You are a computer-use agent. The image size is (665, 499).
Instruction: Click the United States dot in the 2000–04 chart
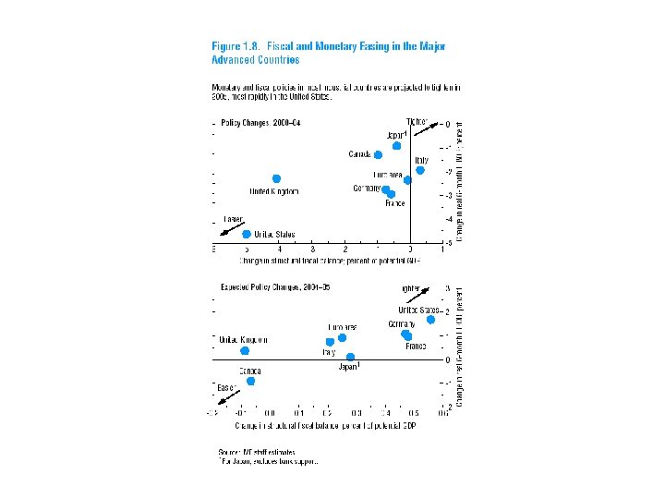247,235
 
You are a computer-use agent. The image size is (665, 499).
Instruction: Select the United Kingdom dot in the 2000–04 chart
277,178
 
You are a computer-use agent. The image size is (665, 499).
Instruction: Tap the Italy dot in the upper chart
420,170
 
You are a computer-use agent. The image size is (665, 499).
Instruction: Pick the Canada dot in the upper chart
378,154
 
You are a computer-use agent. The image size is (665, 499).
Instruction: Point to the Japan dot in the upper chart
397,146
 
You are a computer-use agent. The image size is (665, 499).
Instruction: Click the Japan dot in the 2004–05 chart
350,357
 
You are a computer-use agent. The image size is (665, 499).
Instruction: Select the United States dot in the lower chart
430,320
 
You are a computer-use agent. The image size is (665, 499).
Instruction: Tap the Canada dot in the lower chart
250,381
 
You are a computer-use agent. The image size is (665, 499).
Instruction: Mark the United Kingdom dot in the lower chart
245,351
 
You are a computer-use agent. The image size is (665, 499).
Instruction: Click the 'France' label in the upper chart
394,203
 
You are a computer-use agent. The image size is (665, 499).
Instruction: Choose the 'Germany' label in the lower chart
401,324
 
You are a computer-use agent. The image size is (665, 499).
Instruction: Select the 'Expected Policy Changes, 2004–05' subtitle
274,288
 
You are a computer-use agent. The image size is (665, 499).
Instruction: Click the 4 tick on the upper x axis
280,250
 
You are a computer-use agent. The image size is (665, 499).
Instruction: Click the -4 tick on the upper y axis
449,219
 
